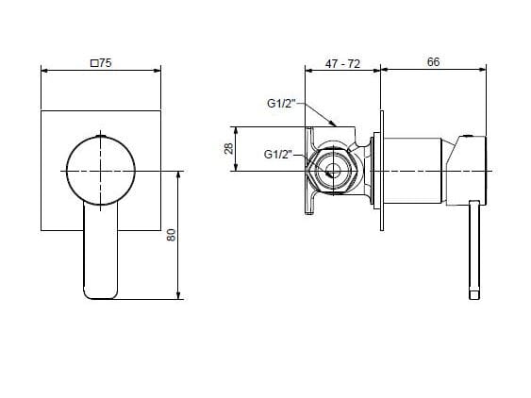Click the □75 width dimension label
pos(100,62)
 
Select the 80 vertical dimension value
pos(172,235)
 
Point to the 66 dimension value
pos(434,61)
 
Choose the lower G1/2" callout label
pos(280,154)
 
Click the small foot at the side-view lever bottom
pos(474,295)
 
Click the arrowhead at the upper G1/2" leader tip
pos(335,124)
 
